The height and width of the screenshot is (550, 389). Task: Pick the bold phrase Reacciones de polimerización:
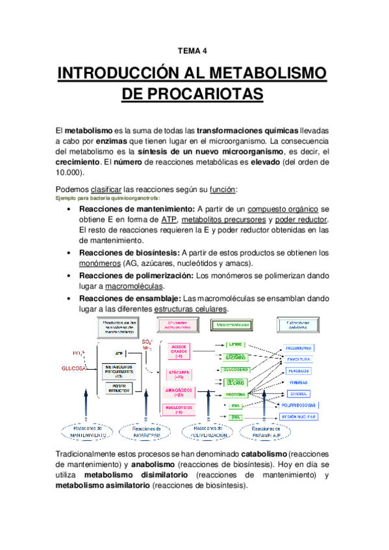(136, 275)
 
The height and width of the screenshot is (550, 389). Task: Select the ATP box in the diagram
(119, 353)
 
